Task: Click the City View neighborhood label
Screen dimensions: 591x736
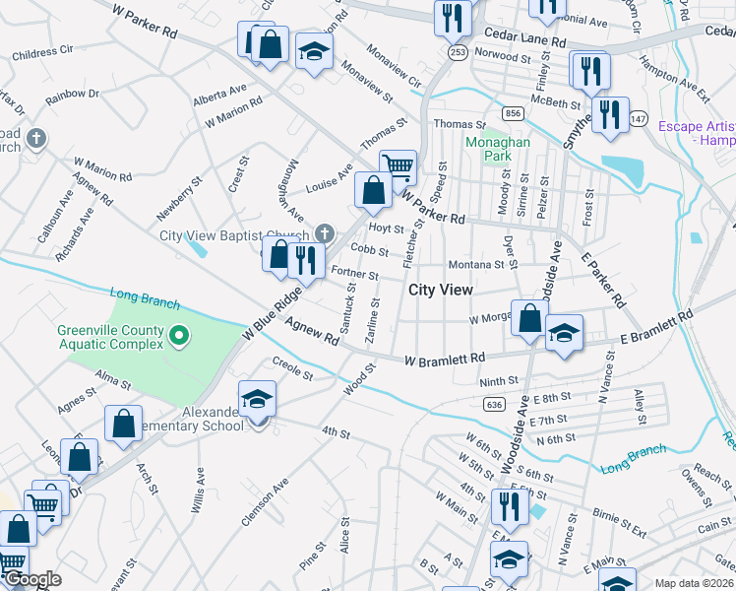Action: [440, 291]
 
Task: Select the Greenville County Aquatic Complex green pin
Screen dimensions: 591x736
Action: [178, 337]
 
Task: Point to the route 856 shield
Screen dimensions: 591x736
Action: [512, 114]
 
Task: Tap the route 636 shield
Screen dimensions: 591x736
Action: [494, 404]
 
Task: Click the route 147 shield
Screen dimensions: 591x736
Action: [640, 118]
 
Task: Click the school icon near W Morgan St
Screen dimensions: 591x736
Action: [564, 332]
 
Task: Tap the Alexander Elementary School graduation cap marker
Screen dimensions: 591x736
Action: [258, 399]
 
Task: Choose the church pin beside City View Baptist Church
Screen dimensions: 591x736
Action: [326, 234]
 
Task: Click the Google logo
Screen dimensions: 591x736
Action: [32, 579]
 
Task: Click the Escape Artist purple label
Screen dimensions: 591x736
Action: [696, 133]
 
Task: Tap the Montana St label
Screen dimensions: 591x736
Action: [475, 265]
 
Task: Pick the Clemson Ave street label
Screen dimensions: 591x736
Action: [267, 501]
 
